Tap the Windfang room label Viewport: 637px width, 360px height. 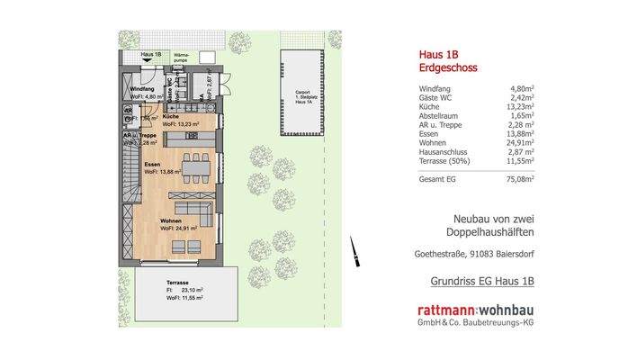click(142, 90)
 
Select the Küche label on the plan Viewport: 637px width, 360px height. click(174, 117)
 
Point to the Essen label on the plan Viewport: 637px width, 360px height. click(153, 165)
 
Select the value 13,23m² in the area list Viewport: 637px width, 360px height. click(519, 107)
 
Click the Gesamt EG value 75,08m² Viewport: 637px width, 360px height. click(519, 178)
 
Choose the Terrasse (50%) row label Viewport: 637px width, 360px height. click(447, 163)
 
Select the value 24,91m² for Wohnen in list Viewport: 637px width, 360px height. click(519, 145)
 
